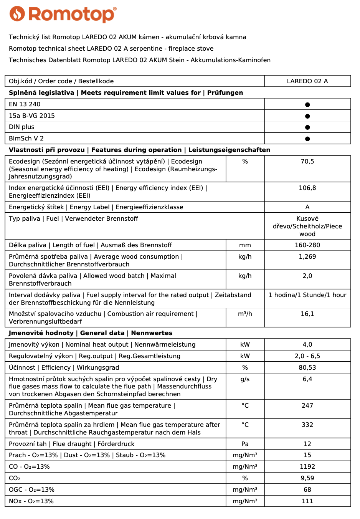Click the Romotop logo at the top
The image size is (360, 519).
(63, 14)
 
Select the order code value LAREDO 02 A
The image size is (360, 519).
(307, 81)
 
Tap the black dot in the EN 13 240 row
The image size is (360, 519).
(307, 104)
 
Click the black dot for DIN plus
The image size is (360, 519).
(307, 127)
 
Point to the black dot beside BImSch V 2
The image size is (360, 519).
(307, 139)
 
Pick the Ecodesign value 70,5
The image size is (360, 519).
(307, 162)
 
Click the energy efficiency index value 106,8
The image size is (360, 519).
(307, 188)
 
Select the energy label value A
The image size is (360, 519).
(307, 207)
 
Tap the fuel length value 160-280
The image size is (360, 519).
(307, 245)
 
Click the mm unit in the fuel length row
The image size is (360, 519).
(245, 245)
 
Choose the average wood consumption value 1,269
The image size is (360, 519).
(307, 257)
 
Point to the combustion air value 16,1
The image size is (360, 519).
(307, 314)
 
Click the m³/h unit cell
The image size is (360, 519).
(245, 314)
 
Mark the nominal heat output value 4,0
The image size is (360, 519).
(307, 345)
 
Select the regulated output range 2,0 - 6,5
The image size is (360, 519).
(307, 356)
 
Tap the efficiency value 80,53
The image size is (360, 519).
(307, 368)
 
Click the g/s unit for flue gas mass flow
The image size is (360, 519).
(245, 379)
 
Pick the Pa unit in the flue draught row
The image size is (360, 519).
(245, 444)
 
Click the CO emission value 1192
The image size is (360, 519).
(307, 467)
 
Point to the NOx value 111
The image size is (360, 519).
(307, 501)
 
